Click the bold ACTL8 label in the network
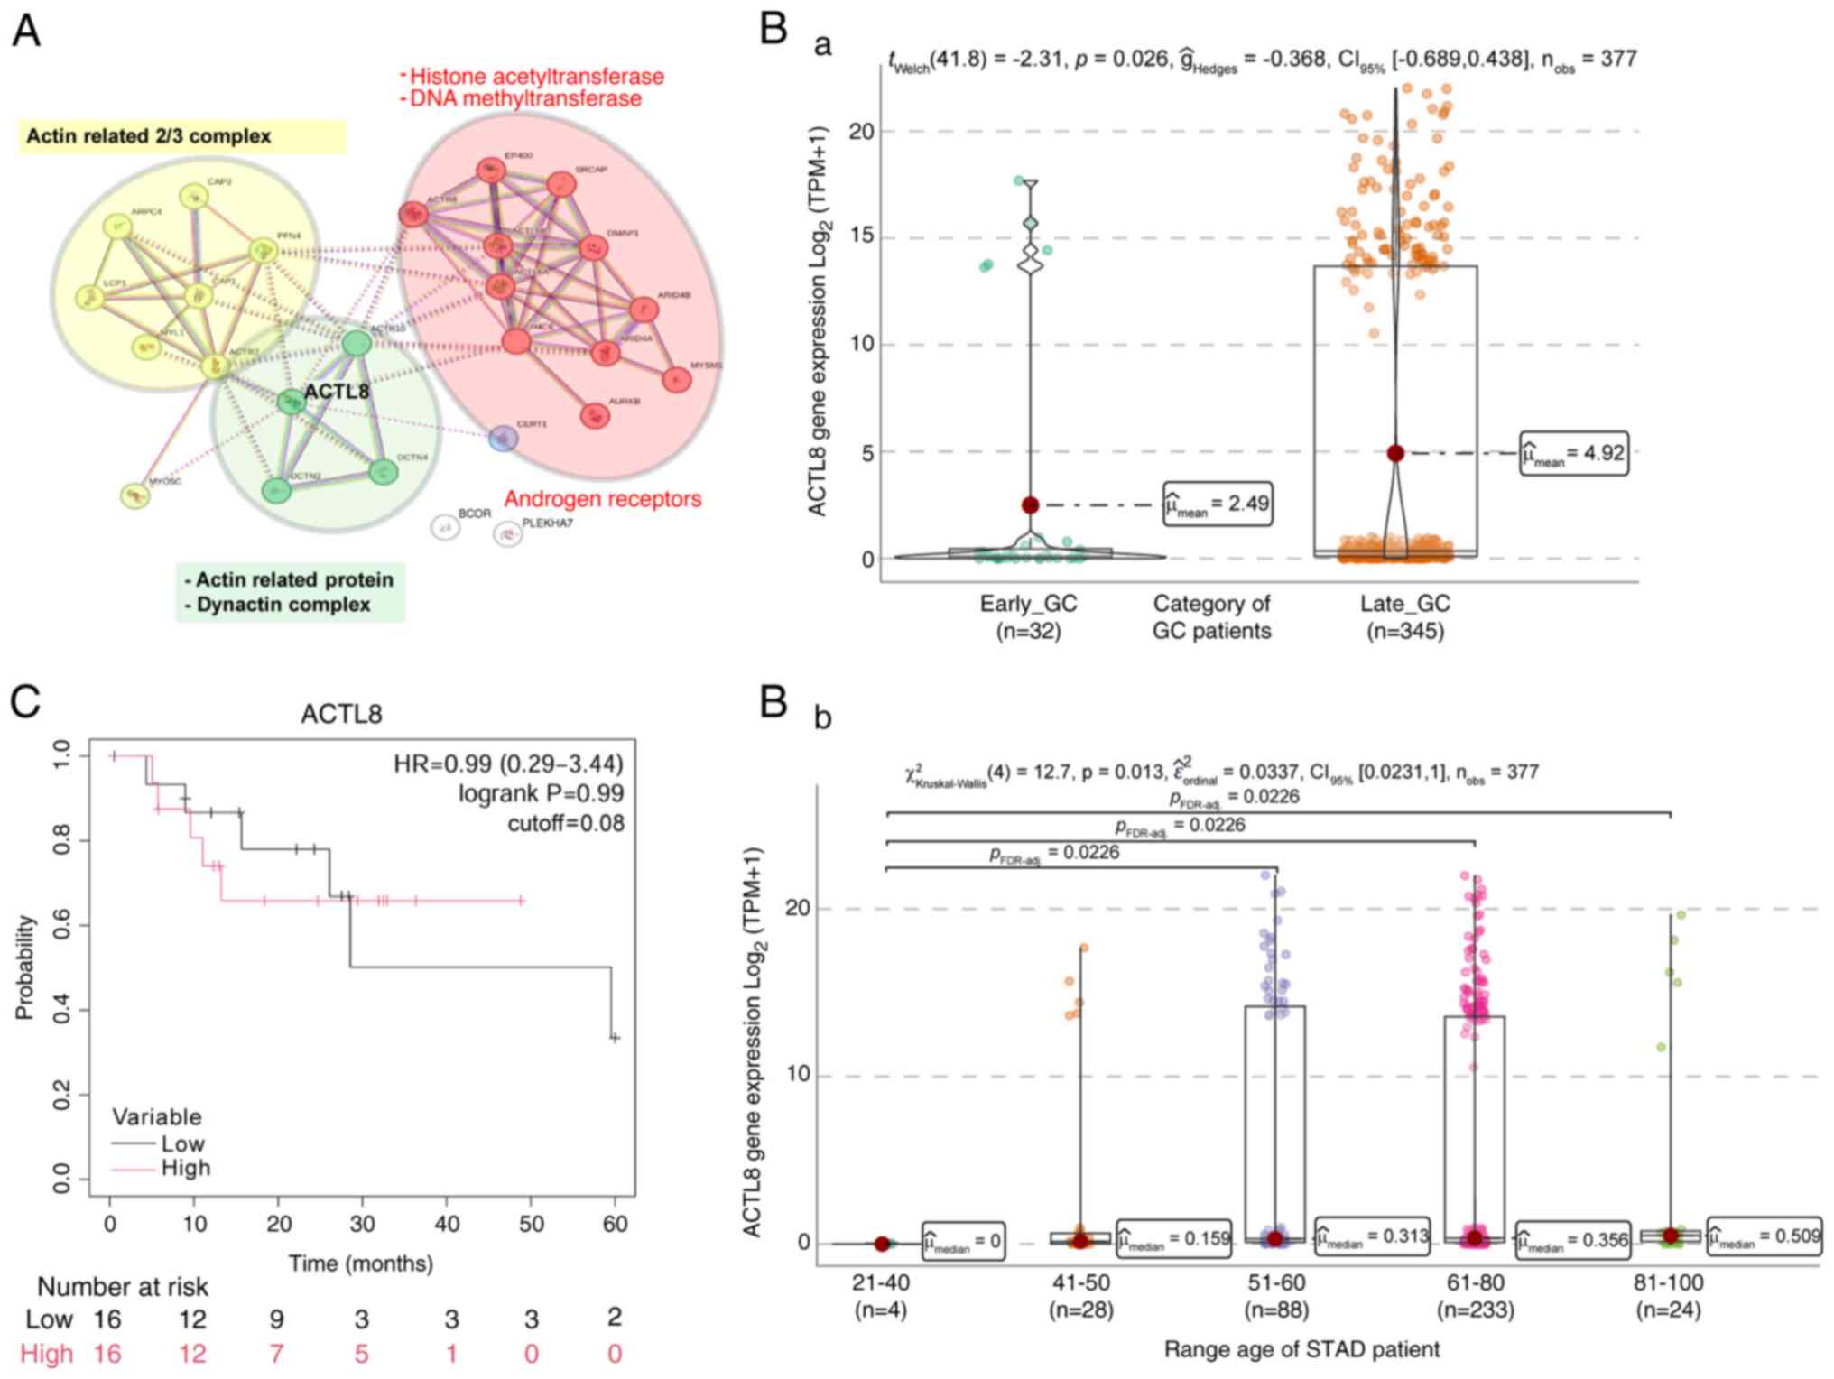pyautogui.click(x=337, y=392)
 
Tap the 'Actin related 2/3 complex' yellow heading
pyautogui.click(x=149, y=136)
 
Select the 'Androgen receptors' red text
pyautogui.click(x=602, y=499)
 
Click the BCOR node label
pyautogui.click(x=475, y=514)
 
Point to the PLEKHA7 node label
pyautogui.click(x=547, y=523)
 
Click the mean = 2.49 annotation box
pyautogui.click(x=1218, y=504)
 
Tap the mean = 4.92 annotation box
pyautogui.click(x=1574, y=453)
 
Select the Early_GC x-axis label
pyautogui.click(x=1028, y=604)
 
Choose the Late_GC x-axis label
pyautogui.click(x=1405, y=604)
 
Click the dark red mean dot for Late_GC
pyautogui.click(x=1395, y=453)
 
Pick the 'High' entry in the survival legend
pyautogui.click(x=186, y=1168)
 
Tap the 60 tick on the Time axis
pyautogui.click(x=615, y=1224)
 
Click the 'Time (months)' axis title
pyautogui.click(x=361, y=1263)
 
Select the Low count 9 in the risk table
pyautogui.click(x=276, y=1319)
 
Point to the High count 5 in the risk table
pyautogui.click(x=361, y=1354)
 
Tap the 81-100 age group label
pyautogui.click(x=1668, y=1282)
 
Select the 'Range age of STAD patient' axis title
pyautogui.click(x=1301, y=1349)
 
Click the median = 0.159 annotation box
pyautogui.click(x=1174, y=1239)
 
